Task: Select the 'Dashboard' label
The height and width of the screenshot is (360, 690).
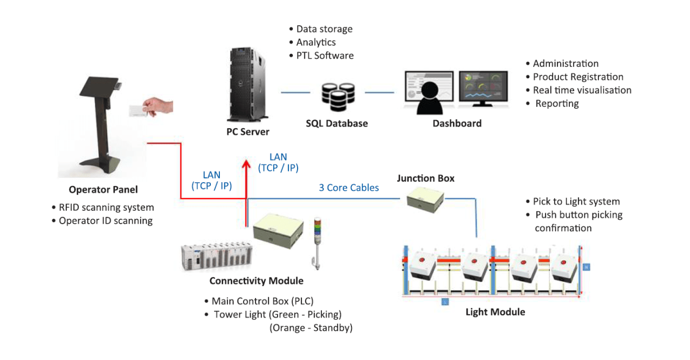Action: tap(457, 123)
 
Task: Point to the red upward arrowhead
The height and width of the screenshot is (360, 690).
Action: tap(246, 164)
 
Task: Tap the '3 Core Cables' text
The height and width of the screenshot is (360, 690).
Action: tap(349, 188)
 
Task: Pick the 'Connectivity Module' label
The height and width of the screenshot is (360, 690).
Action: tap(256, 281)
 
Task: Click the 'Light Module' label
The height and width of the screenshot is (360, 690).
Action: tap(495, 311)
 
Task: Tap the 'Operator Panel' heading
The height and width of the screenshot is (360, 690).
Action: tap(103, 189)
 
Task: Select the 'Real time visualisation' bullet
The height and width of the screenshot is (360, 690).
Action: tap(582, 90)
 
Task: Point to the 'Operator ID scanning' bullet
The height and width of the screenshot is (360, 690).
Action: tap(105, 220)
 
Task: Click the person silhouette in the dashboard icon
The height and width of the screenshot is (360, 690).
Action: tap(431, 95)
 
